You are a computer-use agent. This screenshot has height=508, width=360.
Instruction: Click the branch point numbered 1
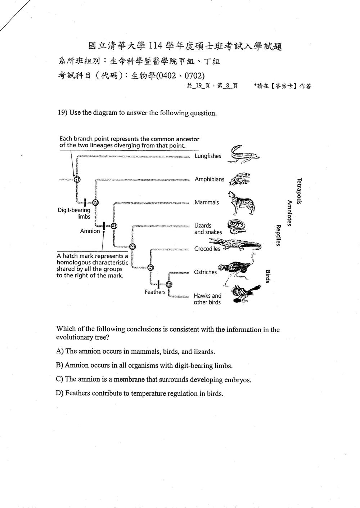(77, 179)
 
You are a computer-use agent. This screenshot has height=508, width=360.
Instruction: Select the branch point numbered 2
(95, 202)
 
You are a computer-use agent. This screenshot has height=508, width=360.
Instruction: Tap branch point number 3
(114, 226)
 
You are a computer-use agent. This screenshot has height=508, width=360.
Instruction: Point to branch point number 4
(132, 246)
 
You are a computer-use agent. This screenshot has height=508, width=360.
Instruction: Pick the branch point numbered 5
(151, 268)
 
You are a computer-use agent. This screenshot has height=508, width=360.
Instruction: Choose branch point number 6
(169, 284)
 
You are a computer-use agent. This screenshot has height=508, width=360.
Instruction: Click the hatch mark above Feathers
(158, 284)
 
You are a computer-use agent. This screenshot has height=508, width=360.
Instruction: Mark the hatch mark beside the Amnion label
(104, 226)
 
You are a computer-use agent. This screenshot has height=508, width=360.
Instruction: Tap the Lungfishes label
(208, 156)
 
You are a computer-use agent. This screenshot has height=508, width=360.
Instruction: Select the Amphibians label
(209, 179)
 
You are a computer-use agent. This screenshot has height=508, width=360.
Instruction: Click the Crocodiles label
(207, 249)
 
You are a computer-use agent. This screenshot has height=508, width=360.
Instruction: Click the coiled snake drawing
(237, 227)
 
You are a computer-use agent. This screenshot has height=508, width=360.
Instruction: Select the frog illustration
(240, 179)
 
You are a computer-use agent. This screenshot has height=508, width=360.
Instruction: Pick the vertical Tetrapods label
(299, 191)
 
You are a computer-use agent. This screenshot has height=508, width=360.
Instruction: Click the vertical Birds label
(267, 276)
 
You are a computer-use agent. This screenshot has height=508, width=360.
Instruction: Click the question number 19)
(63, 112)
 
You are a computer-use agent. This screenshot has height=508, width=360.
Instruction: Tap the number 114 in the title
(156, 46)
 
